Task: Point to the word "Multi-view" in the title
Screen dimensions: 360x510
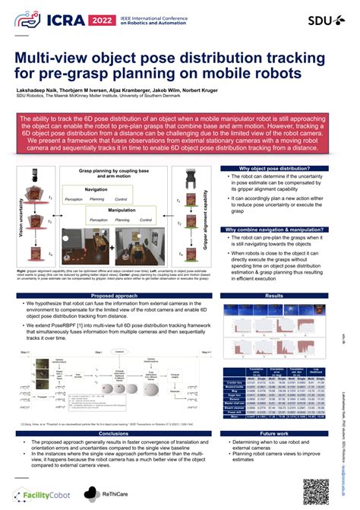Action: pos(62,59)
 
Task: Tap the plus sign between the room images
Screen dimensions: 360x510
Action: pos(112,248)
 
